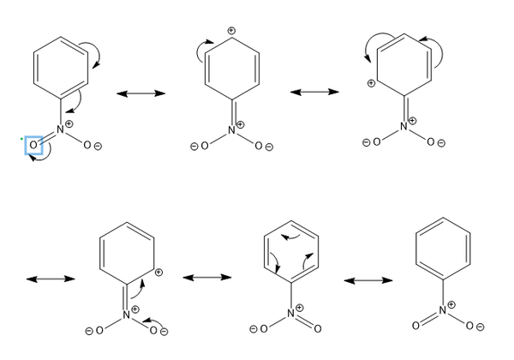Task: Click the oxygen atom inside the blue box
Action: click(33, 146)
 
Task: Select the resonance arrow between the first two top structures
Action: click(140, 92)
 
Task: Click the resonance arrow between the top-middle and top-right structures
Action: click(315, 91)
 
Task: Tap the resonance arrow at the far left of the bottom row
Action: click(50, 279)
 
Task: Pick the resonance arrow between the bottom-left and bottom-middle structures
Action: click(206, 278)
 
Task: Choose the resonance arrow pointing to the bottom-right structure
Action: click(368, 279)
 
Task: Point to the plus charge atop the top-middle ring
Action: click(230, 32)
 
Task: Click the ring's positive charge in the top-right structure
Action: click(370, 84)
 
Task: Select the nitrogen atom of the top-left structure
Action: click(60, 129)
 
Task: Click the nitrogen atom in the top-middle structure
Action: click(231, 130)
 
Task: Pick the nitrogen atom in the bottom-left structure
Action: click(126, 315)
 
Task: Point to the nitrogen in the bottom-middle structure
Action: click(290, 314)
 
